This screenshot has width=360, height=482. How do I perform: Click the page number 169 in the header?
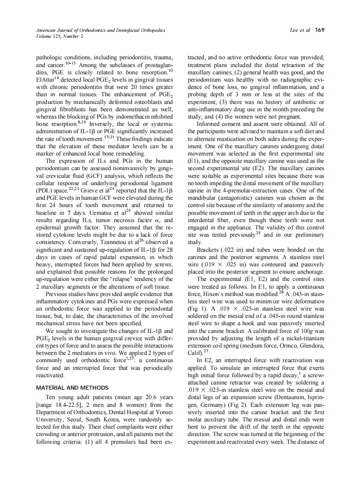319,30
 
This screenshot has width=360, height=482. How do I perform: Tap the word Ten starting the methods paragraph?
52,398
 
